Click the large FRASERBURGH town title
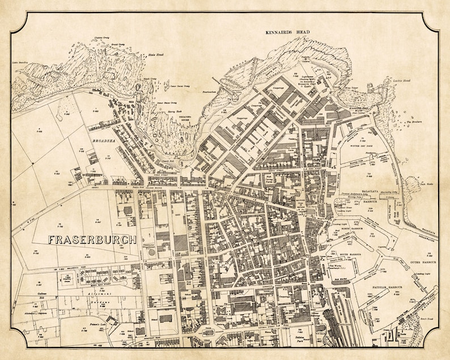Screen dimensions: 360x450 pos(92,239)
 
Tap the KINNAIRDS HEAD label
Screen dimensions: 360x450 pos(288,33)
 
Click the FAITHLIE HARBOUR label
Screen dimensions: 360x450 pos(383,287)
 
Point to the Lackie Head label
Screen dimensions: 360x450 pos(401,82)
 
